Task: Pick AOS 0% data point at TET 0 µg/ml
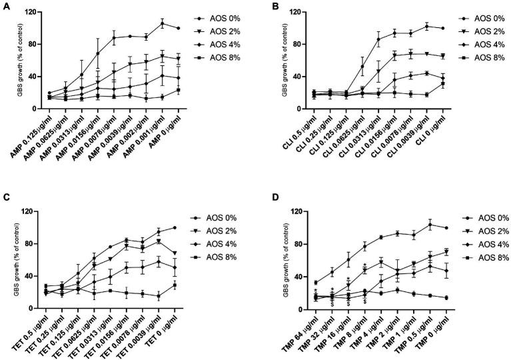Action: tap(175, 227)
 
